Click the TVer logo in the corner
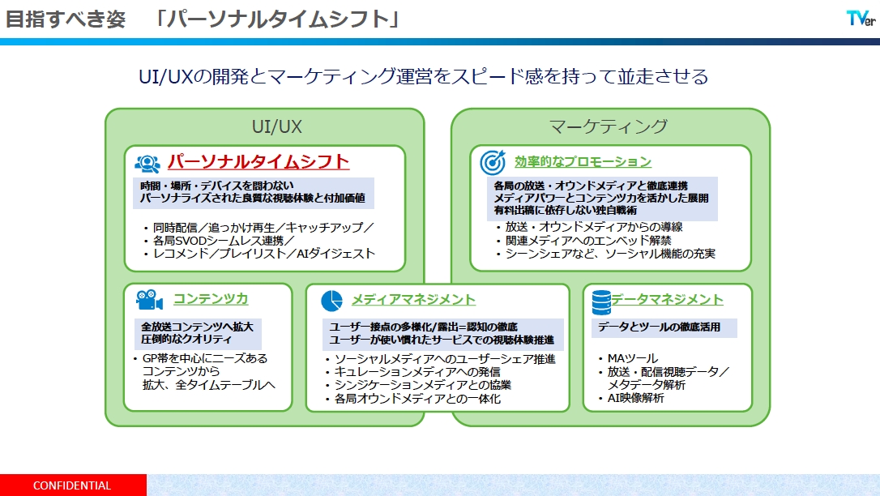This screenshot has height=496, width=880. pos(861,19)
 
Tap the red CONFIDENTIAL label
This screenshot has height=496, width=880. pos(72,485)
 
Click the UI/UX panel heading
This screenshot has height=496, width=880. pos(276,126)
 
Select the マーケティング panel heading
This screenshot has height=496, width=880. pos(609,126)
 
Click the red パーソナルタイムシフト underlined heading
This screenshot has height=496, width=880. pos(258,161)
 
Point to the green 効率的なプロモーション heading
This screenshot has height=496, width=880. pos(583,161)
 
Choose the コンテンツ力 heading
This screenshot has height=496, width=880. pos(211,298)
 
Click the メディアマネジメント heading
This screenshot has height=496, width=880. pos(413,300)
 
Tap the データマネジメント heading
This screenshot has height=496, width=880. pos(668,299)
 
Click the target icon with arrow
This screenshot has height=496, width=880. pos(493,162)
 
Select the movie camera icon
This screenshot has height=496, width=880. pos(149,300)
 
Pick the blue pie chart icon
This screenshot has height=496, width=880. pos(331,301)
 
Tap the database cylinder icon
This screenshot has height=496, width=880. pos(601,302)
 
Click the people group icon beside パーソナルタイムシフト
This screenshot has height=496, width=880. pos(147,163)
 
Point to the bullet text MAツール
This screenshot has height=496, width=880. pos(633,358)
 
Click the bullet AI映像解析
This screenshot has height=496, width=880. pos(636,398)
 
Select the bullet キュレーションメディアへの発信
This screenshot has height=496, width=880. pos(417,371)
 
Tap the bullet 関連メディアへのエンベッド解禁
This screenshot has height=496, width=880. pos(588,240)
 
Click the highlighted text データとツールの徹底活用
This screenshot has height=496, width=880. pos(659,327)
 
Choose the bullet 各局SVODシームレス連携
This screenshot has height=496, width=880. pos(224,240)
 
